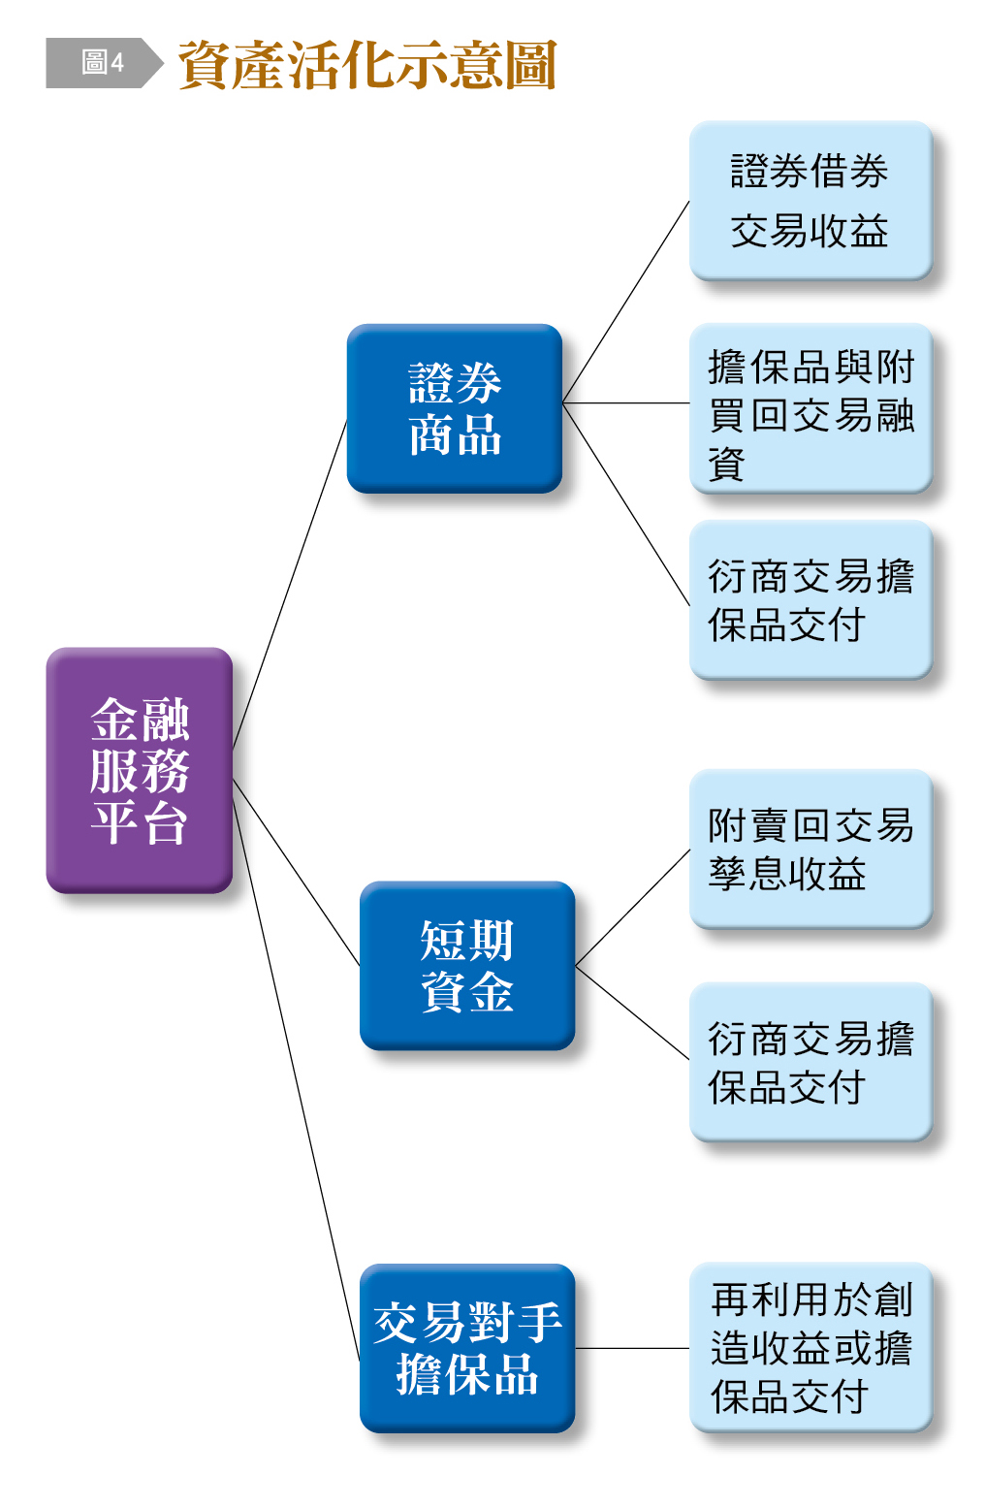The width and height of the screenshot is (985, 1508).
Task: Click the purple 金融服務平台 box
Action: (x=139, y=770)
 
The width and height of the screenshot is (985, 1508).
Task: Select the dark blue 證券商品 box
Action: (x=454, y=408)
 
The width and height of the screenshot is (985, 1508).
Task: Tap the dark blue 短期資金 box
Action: (x=466, y=965)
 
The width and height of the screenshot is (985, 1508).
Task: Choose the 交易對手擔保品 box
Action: (x=466, y=1348)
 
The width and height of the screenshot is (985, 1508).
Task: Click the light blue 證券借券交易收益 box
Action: (x=810, y=201)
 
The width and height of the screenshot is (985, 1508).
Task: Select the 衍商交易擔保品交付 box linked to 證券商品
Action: (x=810, y=600)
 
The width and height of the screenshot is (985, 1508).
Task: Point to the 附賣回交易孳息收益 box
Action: (x=810, y=850)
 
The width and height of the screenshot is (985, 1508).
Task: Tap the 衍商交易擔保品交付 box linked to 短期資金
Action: (x=810, y=1062)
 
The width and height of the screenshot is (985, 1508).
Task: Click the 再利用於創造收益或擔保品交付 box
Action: (x=810, y=1348)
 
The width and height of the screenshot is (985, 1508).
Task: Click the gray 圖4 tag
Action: (x=102, y=63)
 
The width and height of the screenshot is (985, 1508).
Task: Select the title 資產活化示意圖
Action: (x=366, y=65)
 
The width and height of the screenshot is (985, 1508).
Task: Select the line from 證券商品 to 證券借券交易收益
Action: (x=625, y=302)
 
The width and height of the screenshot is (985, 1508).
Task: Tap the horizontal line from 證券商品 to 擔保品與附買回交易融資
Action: (x=625, y=402)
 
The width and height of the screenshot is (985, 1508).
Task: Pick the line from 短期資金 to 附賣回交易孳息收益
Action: (x=632, y=908)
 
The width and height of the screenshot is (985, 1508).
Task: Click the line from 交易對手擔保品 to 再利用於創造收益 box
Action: (x=632, y=1348)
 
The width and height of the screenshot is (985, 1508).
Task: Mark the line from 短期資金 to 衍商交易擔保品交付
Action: (x=632, y=1011)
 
